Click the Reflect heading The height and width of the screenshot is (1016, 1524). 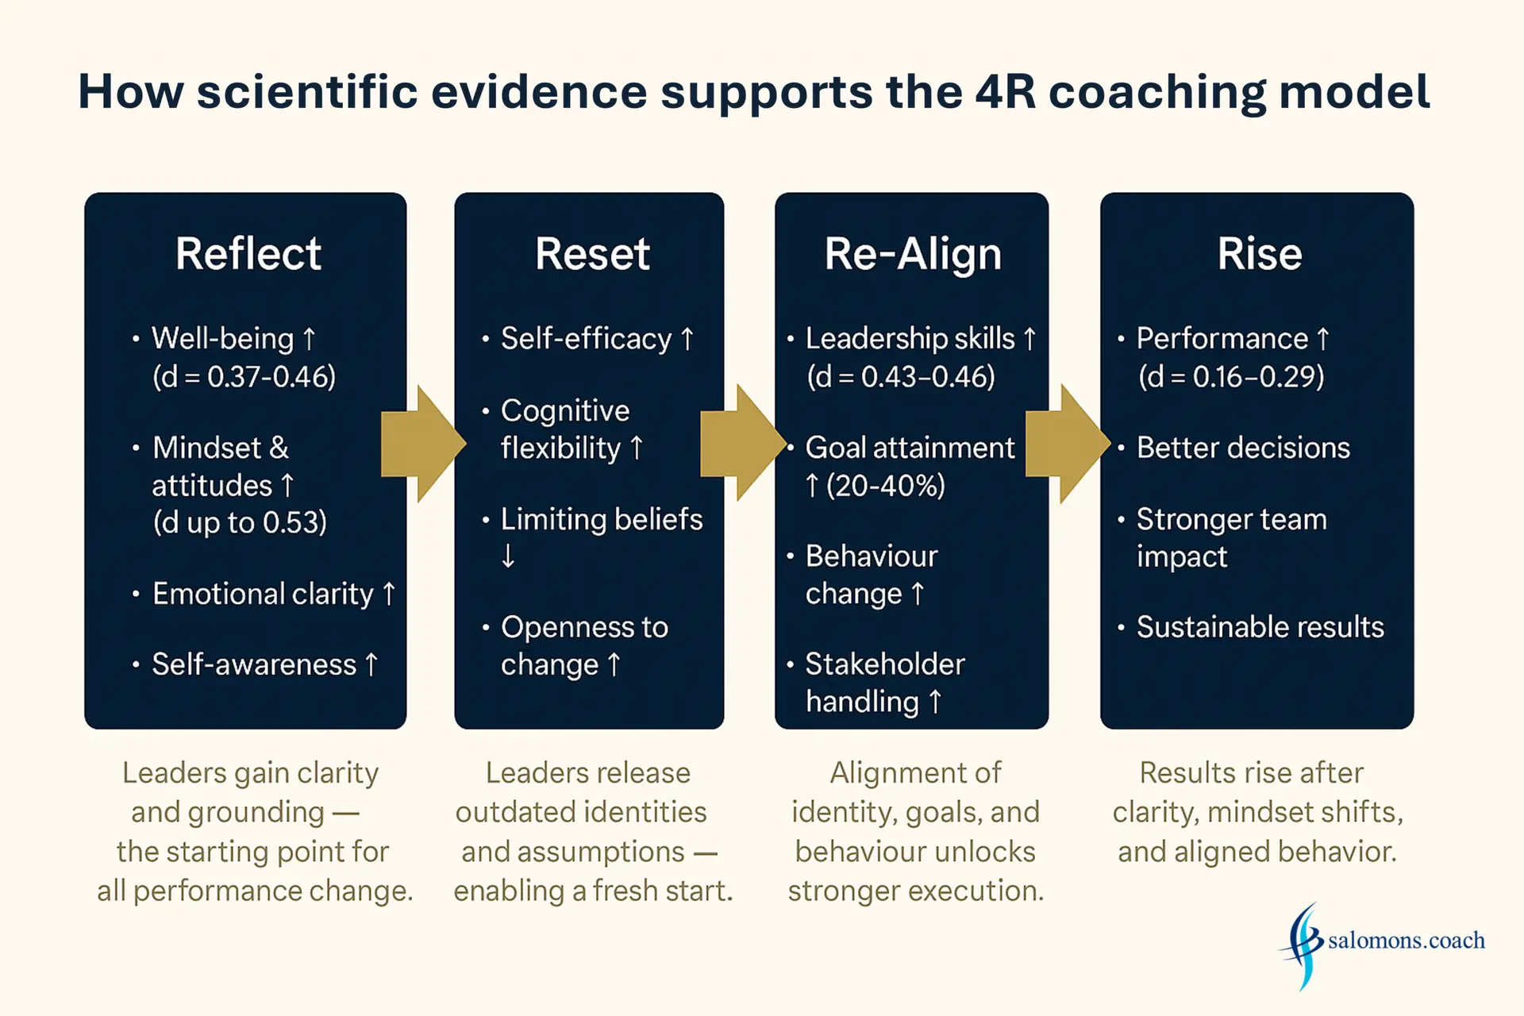[248, 254]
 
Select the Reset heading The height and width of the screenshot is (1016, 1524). [592, 254]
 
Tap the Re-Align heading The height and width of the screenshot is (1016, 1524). [913, 255]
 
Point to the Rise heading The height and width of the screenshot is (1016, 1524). [1260, 254]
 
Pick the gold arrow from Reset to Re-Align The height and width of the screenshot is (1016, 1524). [743, 443]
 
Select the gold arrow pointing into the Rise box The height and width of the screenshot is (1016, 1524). [1068, 444]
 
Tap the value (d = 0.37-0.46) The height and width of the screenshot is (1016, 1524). [244, 376]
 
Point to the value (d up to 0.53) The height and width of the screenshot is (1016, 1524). [239, 522]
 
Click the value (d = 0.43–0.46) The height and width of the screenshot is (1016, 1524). [901, 376]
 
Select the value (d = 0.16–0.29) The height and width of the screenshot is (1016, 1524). [1231, 376]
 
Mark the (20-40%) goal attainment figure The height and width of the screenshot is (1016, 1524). [886, 485]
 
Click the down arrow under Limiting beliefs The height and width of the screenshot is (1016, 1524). [508, 556]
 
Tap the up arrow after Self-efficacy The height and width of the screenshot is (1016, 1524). [687, 339]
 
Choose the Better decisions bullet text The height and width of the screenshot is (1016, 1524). [1243, 448]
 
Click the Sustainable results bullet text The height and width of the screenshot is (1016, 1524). [1260, 627]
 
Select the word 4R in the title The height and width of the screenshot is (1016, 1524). [1006, 91]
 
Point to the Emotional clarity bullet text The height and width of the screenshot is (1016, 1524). [263, 594]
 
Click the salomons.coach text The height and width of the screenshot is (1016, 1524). [1407, 941]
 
